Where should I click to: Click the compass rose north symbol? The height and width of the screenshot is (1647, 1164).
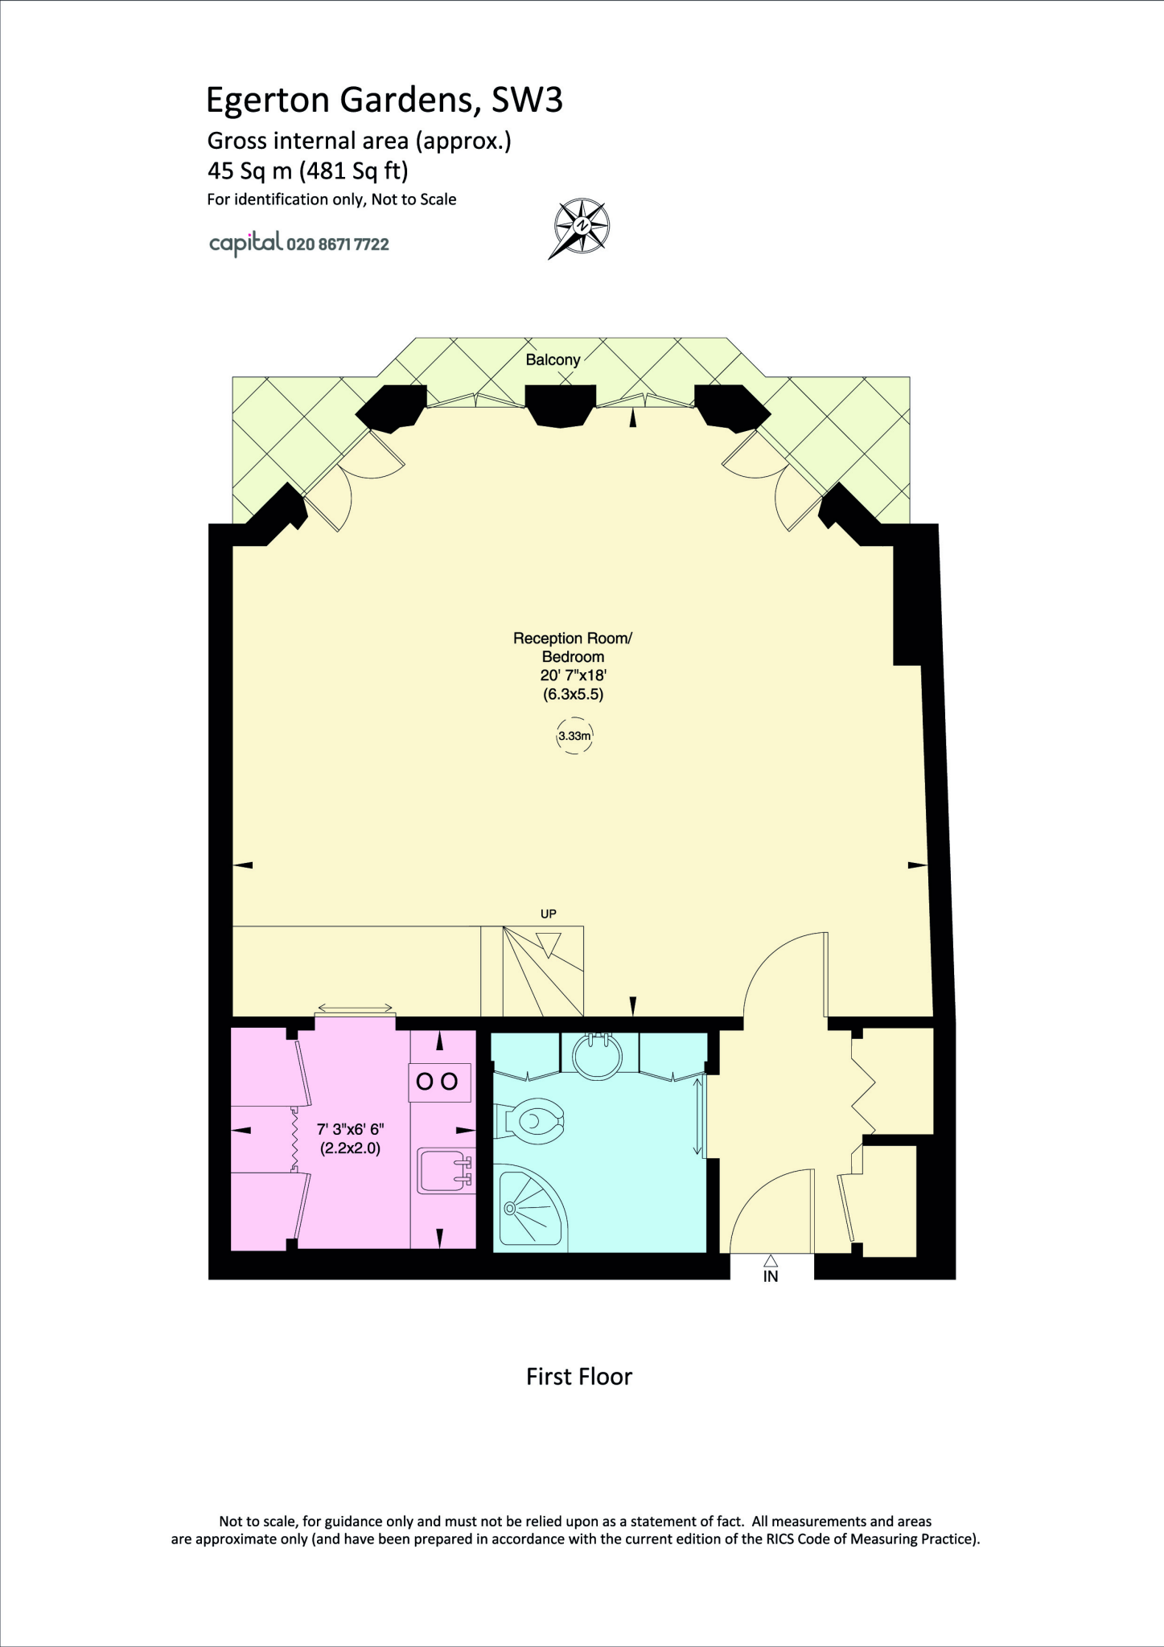(x=581, y=227)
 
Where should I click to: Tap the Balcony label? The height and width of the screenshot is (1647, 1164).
(x=553, y=359)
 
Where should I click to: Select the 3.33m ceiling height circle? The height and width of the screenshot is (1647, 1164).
(x=574, y=736)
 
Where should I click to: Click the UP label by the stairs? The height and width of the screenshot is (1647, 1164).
(x=549, y=914)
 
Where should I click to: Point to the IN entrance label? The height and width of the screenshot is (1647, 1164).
(x=771, y=1276)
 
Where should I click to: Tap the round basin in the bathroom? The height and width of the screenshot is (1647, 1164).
(x=597, y=1054)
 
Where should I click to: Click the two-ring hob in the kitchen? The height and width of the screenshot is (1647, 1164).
(x=438, y=1082)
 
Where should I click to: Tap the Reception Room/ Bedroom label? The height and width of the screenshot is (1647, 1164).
(x=573, y=647)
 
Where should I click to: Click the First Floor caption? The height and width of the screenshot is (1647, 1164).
(x=579, y=1377)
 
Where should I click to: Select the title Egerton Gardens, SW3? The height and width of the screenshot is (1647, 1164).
(x=385, y=100)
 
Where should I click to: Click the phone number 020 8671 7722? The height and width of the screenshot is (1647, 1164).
(x=338, y=244)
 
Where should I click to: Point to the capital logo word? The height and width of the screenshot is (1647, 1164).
(x=245, y=243)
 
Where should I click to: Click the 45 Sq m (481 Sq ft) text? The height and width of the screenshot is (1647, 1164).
(x=308, y=170)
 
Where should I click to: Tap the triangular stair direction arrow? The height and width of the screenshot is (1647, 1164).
(x=549, y=943)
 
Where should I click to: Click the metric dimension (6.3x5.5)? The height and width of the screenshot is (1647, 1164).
(x=573, y=694)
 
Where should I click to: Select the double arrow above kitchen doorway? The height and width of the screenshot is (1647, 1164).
(x=356, y=1008)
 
